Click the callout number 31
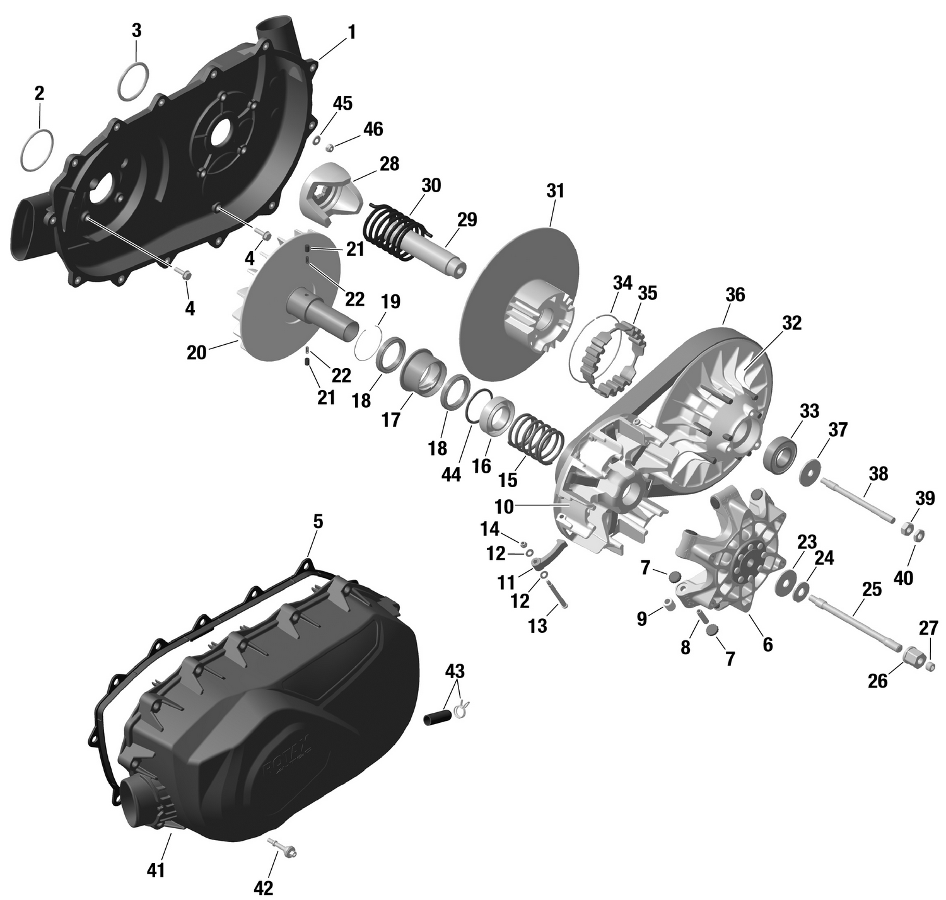[x=555, y=192]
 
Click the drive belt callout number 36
[x=735, y=295]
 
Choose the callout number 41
[x=156, y=870]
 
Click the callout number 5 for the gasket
[x=318, y=522]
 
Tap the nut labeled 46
[x=329, y=147]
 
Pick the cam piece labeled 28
[x=331, y=193]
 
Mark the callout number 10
[x=505, y=507]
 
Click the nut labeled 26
[x=912, y=659]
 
